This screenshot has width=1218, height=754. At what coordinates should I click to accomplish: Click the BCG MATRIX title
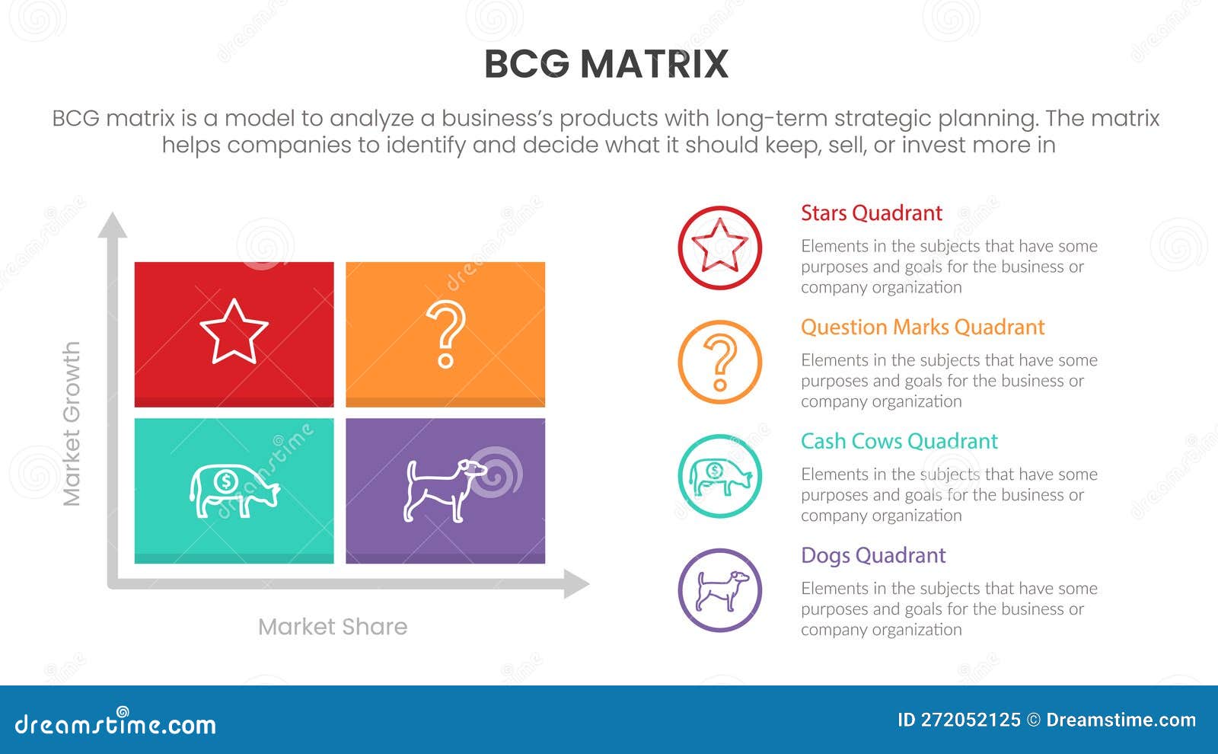(606, 64)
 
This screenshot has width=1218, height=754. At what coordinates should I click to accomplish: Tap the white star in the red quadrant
(234, 332)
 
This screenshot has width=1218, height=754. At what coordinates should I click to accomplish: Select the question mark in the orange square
(445, 334)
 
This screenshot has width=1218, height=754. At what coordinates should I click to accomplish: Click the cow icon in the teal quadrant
(234, 490)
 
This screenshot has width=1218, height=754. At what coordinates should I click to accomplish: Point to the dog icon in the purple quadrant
(445, 490)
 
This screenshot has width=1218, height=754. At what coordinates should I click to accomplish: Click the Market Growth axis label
(71, 423)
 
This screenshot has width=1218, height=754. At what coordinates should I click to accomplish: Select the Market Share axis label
(333, 627)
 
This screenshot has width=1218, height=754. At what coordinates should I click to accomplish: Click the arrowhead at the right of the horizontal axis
(576, 585)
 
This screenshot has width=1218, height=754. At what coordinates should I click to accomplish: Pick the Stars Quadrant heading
(871, 213)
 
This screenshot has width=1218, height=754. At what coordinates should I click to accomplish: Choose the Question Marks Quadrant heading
(922, 327)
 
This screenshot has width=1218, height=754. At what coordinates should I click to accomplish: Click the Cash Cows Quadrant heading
(898, 442)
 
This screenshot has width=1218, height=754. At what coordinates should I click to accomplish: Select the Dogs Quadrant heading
(872, 556)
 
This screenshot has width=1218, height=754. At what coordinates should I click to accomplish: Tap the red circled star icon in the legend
(719, 248)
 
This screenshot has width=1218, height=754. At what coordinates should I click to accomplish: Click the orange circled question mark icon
(719, 362)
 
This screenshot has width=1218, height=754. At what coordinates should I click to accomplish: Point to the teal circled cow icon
(719, 476)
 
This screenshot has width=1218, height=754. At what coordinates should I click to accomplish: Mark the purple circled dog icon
(719, 590)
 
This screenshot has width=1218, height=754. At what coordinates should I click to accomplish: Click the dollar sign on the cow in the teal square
(225, 481)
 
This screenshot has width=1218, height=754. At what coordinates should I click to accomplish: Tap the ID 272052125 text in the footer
(958, 720)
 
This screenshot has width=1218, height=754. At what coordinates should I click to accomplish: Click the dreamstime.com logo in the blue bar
(116, 724)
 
